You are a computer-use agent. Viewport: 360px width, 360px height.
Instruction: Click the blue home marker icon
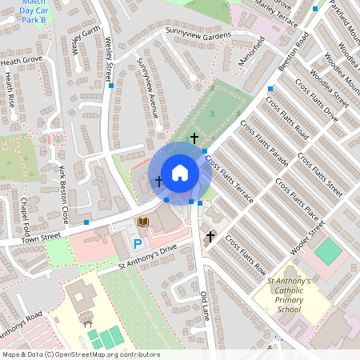point(179,172)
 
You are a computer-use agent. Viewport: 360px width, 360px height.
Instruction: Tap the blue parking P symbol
point(137,243)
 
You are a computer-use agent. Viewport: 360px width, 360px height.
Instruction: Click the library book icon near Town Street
point(143,222)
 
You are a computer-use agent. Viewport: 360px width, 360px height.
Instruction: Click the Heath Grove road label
point(22,60)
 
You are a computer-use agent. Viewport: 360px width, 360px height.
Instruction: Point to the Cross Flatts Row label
point(244,254)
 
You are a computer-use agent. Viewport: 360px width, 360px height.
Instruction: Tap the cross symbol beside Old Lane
point(210,236)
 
